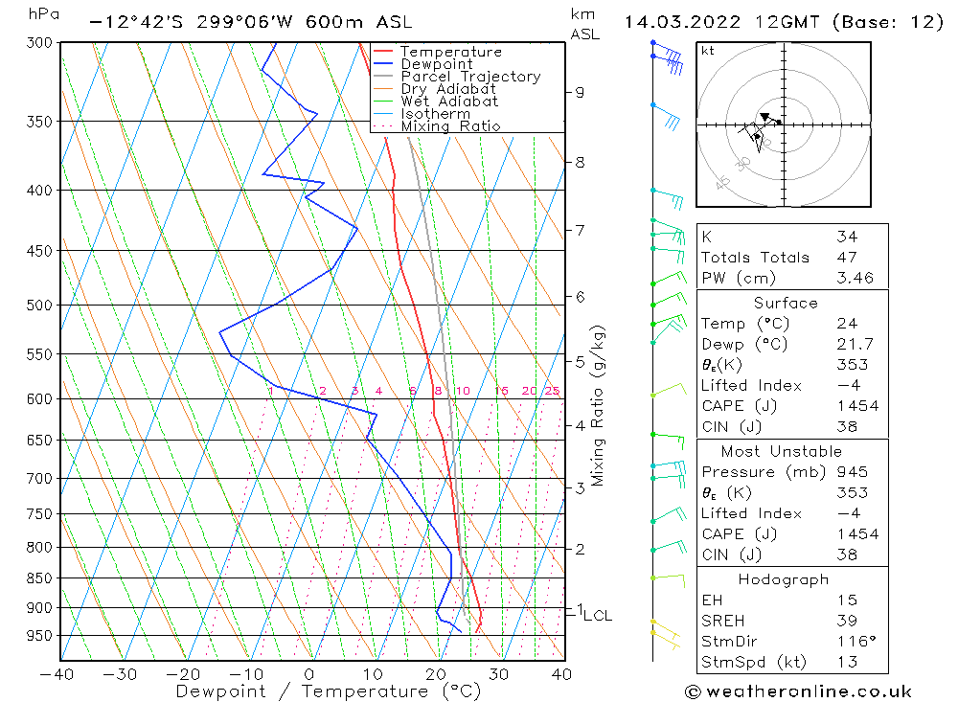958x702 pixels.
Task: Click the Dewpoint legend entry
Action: tap(436, 64)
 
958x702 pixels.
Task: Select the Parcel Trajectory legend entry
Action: tap(470, 77)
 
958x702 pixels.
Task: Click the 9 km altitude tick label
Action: tap(580, 92)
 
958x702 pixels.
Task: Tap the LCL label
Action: tap(598, 616)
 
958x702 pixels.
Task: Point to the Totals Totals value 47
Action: tap(846, 258)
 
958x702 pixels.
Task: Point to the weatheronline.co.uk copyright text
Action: tap(798, 691)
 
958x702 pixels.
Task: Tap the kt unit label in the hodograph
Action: tap(707, 50)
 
